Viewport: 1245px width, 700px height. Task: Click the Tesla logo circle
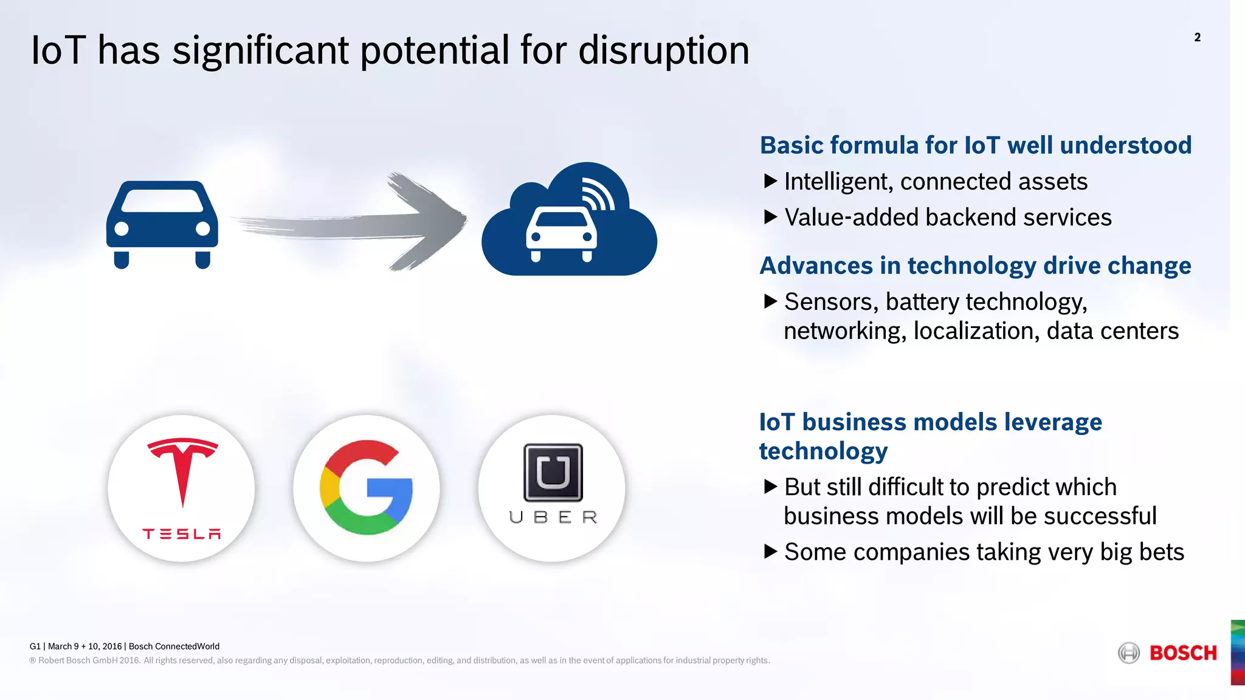[181, 488]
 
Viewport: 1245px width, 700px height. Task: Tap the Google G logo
[367, 488]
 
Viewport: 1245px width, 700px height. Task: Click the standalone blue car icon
[162, 224]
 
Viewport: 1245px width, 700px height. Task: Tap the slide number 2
[1197, 38]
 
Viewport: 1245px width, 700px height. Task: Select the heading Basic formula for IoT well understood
[975, 145]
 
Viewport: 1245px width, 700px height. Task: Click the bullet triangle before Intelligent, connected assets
[770, 181]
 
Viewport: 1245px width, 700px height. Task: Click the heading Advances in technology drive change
[975, 266]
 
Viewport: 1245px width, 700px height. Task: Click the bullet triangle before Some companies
[770, 552]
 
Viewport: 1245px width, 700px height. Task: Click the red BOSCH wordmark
[1183, 653]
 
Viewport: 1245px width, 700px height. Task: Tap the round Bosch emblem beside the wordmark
[1129, 653]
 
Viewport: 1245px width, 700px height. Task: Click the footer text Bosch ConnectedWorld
[174, 647]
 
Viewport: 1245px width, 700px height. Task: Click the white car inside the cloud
[561, 234]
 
